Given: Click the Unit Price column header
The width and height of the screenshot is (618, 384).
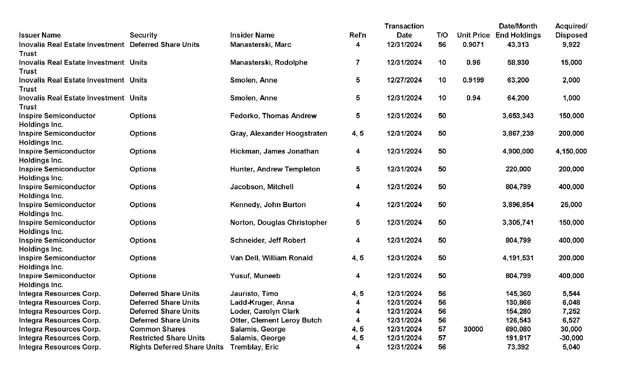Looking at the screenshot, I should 473,35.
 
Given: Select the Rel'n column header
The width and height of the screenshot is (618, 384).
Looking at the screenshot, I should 357,35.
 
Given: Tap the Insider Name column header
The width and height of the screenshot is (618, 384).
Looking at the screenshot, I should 252,35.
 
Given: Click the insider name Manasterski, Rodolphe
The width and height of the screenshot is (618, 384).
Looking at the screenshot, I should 269,63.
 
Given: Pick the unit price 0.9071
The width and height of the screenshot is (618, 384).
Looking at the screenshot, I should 473,45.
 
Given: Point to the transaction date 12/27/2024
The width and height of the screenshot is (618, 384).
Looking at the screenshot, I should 404,80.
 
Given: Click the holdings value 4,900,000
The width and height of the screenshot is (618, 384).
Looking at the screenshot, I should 518,151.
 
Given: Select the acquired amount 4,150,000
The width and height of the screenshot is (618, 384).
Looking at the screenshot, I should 571,151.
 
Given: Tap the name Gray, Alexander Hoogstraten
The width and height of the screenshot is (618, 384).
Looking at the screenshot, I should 279,134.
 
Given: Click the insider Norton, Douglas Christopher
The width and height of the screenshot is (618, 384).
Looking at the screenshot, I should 279,222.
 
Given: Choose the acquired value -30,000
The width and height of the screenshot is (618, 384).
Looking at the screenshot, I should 571,338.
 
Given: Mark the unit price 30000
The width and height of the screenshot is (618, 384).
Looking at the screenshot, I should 473,329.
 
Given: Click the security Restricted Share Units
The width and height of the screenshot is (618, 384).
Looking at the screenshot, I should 167,338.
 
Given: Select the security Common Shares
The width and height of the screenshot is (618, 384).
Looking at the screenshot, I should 157,329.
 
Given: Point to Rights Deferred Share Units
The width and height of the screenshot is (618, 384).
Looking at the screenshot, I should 176,347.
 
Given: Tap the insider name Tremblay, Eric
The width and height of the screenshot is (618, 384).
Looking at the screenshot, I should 254,347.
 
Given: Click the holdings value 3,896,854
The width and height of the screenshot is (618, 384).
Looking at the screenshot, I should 518,205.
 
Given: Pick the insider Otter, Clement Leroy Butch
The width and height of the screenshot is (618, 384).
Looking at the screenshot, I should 276,320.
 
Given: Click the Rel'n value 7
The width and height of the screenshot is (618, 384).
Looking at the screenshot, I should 357,63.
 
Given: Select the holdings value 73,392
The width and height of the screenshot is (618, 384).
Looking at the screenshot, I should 518,347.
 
